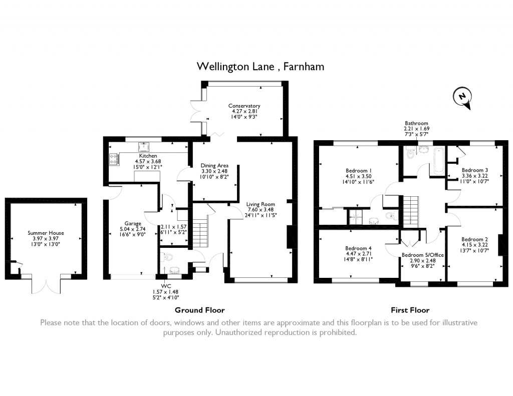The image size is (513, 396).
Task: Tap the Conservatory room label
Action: click(x=244, y=106)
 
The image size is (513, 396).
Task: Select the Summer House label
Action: click(x=46, y=233)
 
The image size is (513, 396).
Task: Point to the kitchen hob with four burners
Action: click(x=114, y=159)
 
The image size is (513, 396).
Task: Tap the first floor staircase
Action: click(x=410, y=211)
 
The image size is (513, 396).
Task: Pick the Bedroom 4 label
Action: click(x=358, y=248)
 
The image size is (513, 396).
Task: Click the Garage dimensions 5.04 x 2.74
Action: click(x=132, y=229)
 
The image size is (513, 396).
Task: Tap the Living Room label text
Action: click(x=261, y=204)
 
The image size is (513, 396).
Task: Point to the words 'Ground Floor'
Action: click(x=199, y=310)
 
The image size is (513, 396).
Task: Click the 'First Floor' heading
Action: click(x=410, y=310)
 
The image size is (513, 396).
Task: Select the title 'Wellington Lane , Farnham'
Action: click(x=261, y=67)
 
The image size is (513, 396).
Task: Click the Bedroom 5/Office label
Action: click(x=423, y=255)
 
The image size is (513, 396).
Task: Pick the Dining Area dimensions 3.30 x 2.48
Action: click(x=214, y=171)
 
